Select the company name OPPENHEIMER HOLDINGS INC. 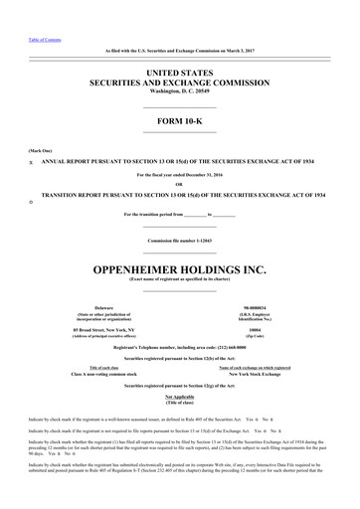180,240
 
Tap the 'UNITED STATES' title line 180,74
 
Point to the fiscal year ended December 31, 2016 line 180,175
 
